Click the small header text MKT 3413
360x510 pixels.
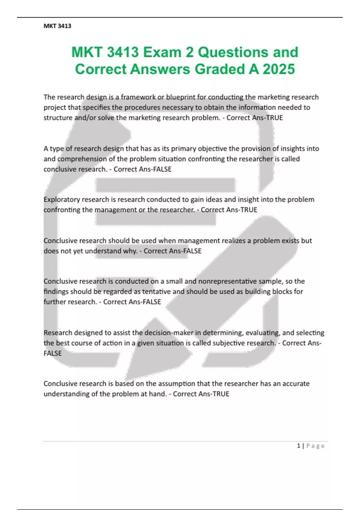coord(57,26)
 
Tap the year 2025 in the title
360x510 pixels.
coord(279,69)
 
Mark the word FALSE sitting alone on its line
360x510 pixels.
coord(52,353)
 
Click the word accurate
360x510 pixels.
coord(296,384)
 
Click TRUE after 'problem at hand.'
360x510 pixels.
coord(220,394)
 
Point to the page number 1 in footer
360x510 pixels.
coord(298,446)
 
